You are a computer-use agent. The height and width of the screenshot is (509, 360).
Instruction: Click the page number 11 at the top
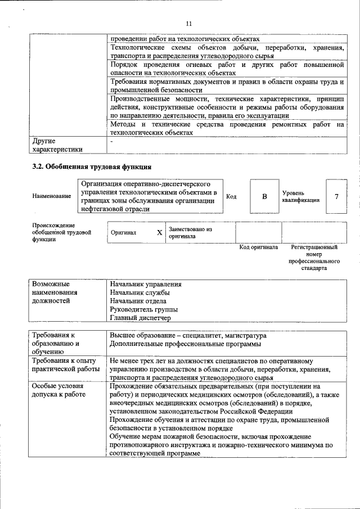188,24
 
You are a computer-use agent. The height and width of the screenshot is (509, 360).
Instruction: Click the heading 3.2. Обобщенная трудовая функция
92,166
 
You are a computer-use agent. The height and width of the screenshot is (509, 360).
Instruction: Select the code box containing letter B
264,197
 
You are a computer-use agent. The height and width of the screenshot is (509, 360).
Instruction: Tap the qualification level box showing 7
336,196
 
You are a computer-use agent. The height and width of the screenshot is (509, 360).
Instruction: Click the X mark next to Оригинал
159,232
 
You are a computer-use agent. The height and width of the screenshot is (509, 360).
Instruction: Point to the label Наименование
52,196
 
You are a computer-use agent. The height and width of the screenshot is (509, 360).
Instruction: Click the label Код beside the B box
231,196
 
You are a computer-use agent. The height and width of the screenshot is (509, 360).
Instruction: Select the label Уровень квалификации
301,196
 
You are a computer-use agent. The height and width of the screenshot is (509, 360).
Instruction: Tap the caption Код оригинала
259,247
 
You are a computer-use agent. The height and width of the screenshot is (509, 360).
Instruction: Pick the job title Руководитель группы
144,309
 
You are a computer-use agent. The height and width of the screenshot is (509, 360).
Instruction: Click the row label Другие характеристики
57,145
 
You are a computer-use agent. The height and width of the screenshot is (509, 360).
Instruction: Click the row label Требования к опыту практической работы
65,364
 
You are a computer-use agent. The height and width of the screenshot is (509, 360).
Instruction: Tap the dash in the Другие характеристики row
112,142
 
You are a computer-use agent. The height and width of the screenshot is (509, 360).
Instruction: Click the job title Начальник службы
140,293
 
